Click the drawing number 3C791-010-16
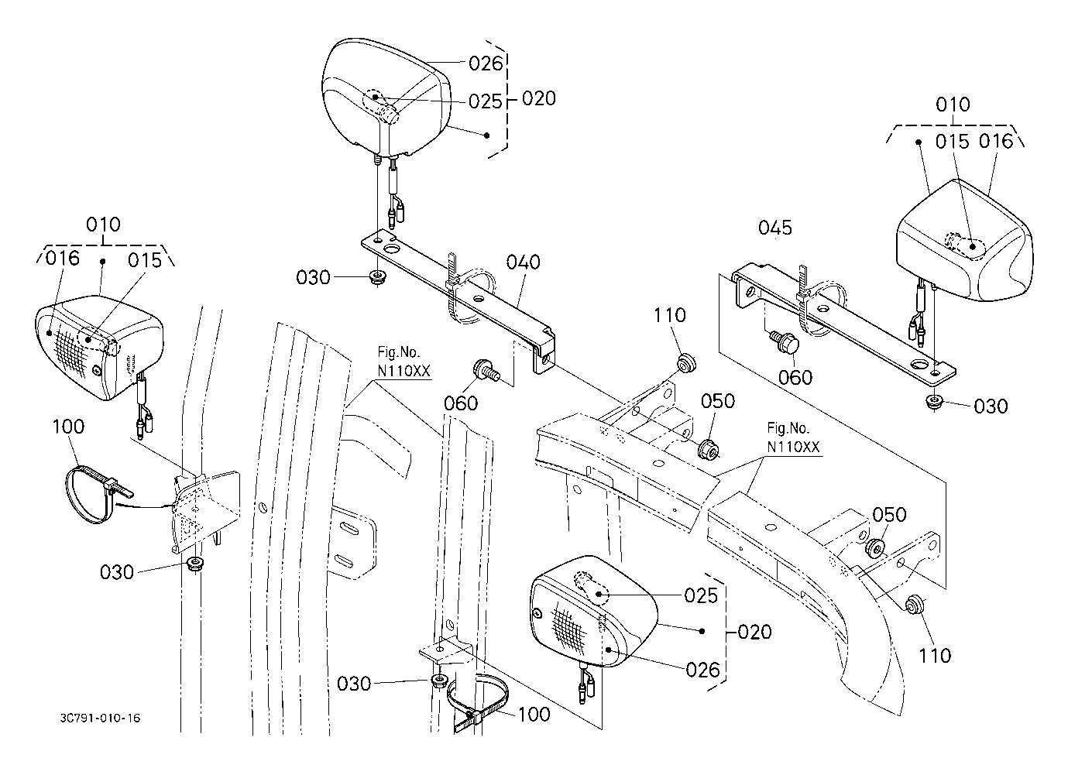click(x=100, y=718)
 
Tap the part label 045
click(x=775, y=228)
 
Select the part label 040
click(x=523, y=262)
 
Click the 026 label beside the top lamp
click(x=486, y=63)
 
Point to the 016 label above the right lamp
click(x=996, y=141)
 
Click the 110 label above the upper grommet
click(x=669, y=315)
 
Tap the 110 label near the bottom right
click(x=935, y=656)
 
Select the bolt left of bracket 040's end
click(x=486, y=370)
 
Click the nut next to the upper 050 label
click(x=708, y=450)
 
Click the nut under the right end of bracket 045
click(x=933, y=401)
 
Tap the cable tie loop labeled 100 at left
click(x=95, y=495)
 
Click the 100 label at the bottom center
click(x=534, y=714)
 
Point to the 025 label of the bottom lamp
click(x=701, y=596)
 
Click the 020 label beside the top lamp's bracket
click(x=539, y=98)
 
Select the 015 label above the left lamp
click(x=145, y=260)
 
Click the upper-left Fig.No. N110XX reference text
click(x=404, y=362)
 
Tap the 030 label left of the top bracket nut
click(x=313, y=277)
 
